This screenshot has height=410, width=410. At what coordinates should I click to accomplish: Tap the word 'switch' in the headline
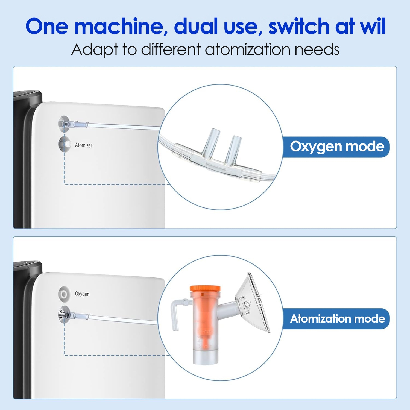click(299, 26)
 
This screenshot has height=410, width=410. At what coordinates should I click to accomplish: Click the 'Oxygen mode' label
click(337, 147)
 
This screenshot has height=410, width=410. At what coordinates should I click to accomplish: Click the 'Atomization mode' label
click(337, 319)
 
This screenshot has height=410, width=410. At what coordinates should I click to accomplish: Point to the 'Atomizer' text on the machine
click(83, 145)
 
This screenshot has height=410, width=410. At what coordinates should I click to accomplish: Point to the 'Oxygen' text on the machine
click(82, 294)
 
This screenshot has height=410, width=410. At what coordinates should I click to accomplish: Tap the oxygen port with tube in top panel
click(65, 124)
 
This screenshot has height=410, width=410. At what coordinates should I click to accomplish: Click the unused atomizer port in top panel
click(64, 144)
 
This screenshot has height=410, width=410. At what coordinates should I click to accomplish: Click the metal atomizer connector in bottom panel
click(64, 315)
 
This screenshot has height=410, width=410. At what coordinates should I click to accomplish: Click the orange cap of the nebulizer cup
click(205, 289)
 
